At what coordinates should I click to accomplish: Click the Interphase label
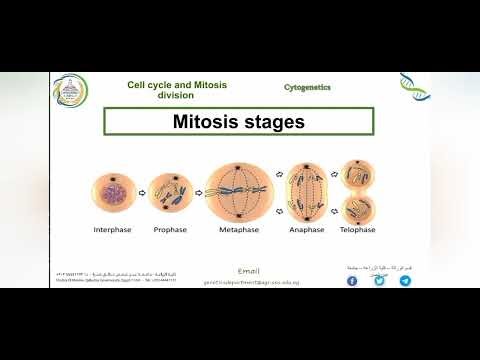[112, 229]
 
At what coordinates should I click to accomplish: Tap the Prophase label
[170, 229]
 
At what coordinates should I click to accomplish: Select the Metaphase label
[240, 229]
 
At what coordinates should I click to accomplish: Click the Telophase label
[357, 229]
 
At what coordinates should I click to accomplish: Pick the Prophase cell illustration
[170, 192]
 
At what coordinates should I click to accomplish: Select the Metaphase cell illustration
[240, 191]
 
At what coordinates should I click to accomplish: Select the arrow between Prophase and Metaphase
[199, 193]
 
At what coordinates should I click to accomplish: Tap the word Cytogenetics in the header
[307, 88]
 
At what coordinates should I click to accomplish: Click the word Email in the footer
[250, 271]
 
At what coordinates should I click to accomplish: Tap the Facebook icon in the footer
[352, 281]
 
